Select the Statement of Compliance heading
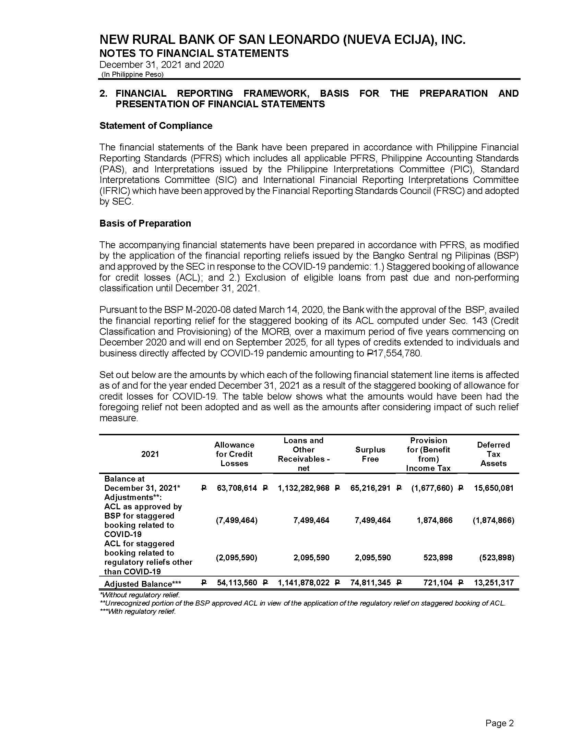[156, 126]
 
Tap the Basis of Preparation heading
[145, 223]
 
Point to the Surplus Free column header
[370, 454]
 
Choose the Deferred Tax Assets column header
[493, 454]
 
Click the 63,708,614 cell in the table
[237, 488]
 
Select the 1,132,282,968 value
[304, 488]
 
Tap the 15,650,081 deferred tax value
[493, 488]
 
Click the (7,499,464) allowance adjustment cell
[237, 520]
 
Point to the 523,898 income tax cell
[438, 558]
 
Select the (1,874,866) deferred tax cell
[493, 520]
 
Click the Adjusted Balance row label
[142, 584]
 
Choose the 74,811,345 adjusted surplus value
[370, 583]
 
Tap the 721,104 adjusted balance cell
[438, 583]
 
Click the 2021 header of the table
[150, 454]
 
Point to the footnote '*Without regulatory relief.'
[140, 595]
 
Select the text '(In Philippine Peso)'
[132, 75]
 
